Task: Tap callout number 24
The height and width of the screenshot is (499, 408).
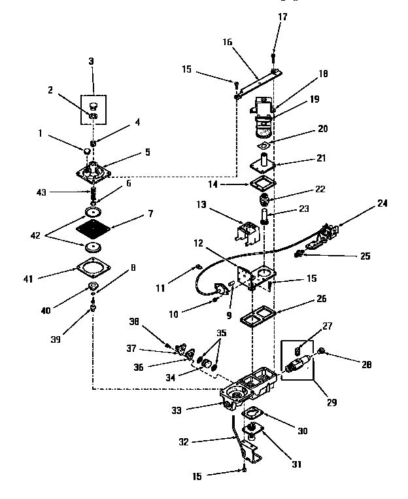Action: pos(382,203)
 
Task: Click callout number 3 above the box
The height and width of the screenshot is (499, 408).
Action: pos(91,61)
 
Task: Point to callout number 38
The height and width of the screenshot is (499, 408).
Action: pos(152,322)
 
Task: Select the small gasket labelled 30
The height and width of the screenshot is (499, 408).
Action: pos(252,414)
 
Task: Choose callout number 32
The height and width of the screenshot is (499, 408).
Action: pos(184,442)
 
